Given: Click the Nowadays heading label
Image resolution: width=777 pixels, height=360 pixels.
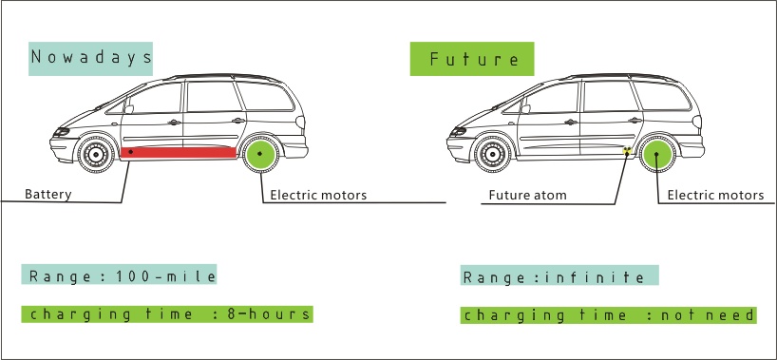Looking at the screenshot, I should pyautogui.click(x=91, y=58).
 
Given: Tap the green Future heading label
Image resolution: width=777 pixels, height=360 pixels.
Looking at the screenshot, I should pyautogui.click(x=472, y=59).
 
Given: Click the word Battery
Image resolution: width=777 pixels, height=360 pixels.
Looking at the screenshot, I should pyautogui.click(x=48, y=194).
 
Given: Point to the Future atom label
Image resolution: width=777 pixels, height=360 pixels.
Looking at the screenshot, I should pyautogui.click(x=527, y=196).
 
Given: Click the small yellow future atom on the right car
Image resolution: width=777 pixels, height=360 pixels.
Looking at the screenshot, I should pyautogui.click(x=627, y=151).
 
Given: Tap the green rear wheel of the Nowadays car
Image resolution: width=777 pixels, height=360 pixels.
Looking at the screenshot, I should pyautogui.click(x=259, y=154).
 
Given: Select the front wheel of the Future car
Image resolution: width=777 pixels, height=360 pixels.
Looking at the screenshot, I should pyautogui.click(x=491, y=155).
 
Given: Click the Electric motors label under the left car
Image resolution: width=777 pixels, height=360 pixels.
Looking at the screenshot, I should pyautogui.click(x=319, y=196).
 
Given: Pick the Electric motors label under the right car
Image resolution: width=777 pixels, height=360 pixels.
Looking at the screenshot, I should pyautogui.click(x=715, y=196).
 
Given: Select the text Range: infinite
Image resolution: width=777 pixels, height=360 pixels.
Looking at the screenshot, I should pyautogui.click(x=559, y=277).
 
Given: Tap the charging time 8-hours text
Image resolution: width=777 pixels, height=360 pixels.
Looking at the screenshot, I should pyautogui.click(x=167, y=313).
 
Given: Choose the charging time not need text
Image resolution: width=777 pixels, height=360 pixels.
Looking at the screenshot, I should pyautogui.click(x=609, y=315).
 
